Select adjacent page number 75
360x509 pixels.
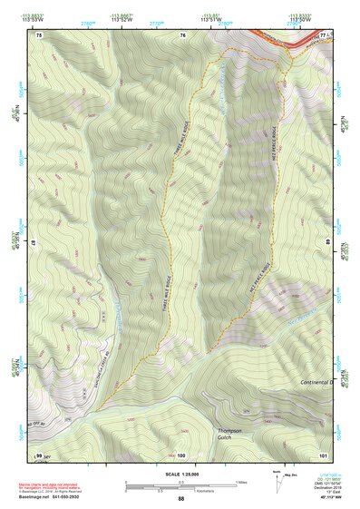point(39,34)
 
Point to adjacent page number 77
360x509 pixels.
point(323,34)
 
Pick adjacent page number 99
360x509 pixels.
point(39,455)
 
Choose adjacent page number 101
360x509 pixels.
point(322,455)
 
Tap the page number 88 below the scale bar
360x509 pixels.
point(180,498)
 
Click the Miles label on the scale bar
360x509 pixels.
point(240,481)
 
